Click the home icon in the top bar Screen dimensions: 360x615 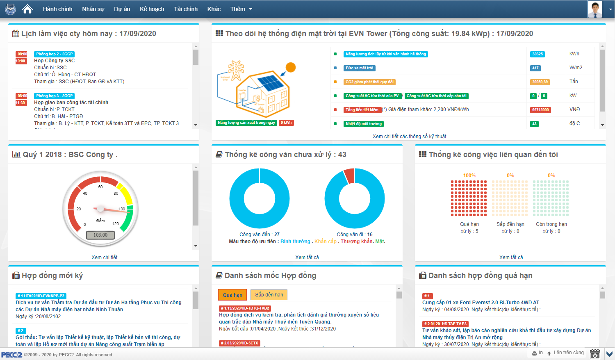tap(27, 9)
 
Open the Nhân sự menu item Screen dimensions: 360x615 tap(93, 9)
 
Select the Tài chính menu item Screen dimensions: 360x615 tap(186, 9)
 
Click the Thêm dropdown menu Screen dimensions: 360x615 tap(241, 9)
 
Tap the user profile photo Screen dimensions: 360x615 tap(595, 9)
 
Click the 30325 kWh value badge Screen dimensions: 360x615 tap(537, 54)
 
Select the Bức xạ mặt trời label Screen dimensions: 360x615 tap(360, 68)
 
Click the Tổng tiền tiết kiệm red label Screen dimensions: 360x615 tap(362, 110)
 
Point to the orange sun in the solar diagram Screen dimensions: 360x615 tap(291, 67)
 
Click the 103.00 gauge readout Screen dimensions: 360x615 tap(100, 235)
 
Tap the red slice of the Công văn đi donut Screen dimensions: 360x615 tap(349, 175)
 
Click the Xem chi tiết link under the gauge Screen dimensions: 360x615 tap(105, 257)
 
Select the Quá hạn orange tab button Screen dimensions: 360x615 tap(232, 295)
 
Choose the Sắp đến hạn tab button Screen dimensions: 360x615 tap(269, 295)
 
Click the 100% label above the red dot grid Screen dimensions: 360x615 tap(469, 175)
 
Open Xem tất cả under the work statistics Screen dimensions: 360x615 tap(511, 257)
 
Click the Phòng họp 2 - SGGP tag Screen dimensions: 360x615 tap(54, 54)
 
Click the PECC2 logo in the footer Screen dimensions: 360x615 tap(11, 355)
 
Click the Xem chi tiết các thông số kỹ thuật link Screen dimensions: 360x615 tap(409, 137)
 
